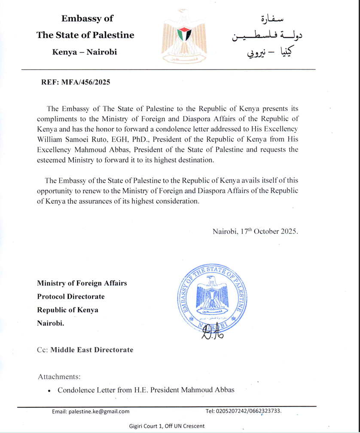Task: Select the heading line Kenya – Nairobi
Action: click(x=85, y=52)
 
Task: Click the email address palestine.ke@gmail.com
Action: click(x=91, y=411)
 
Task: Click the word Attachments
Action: click(x=59, y=377)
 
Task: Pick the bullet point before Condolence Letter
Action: click(x=50, y=391)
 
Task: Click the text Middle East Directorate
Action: click(x=92, y=350)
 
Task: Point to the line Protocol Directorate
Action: click(x=71, y=297)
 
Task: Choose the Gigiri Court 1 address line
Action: click(x=167, y=426)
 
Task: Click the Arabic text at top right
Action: click(x=258, y=36)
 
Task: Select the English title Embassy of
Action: click(x=87, y=18)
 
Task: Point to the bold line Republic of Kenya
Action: click(x=67, y=310)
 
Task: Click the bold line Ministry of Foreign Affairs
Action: click(x=82, y=283)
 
